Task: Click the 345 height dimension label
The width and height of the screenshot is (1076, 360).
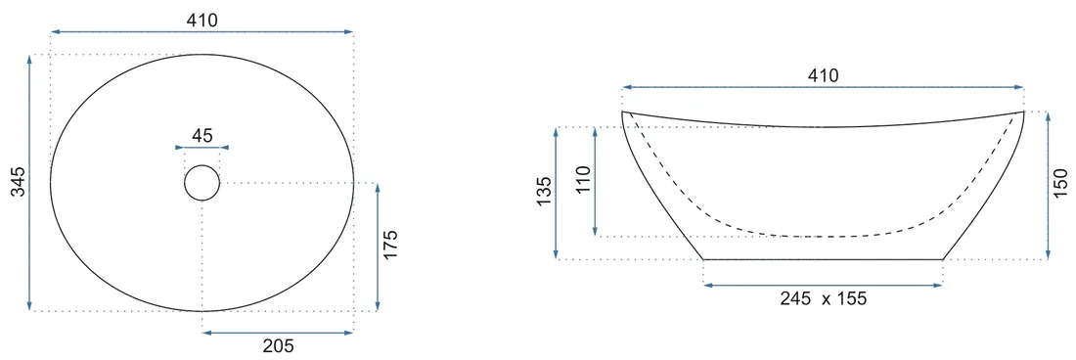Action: point(20,182)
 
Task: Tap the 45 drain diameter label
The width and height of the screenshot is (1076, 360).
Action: point(202,136)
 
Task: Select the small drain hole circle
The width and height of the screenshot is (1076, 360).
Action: point(202,183)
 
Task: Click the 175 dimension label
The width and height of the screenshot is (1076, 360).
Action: point(390,245)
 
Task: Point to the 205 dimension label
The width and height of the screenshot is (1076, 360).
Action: point(278,345)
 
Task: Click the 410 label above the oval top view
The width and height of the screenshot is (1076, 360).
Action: point(202,21)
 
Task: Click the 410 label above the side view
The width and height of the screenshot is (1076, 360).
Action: point(823,76)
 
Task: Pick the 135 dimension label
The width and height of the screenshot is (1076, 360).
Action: point(544,192)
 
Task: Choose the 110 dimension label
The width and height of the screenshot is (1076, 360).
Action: point(583,180)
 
